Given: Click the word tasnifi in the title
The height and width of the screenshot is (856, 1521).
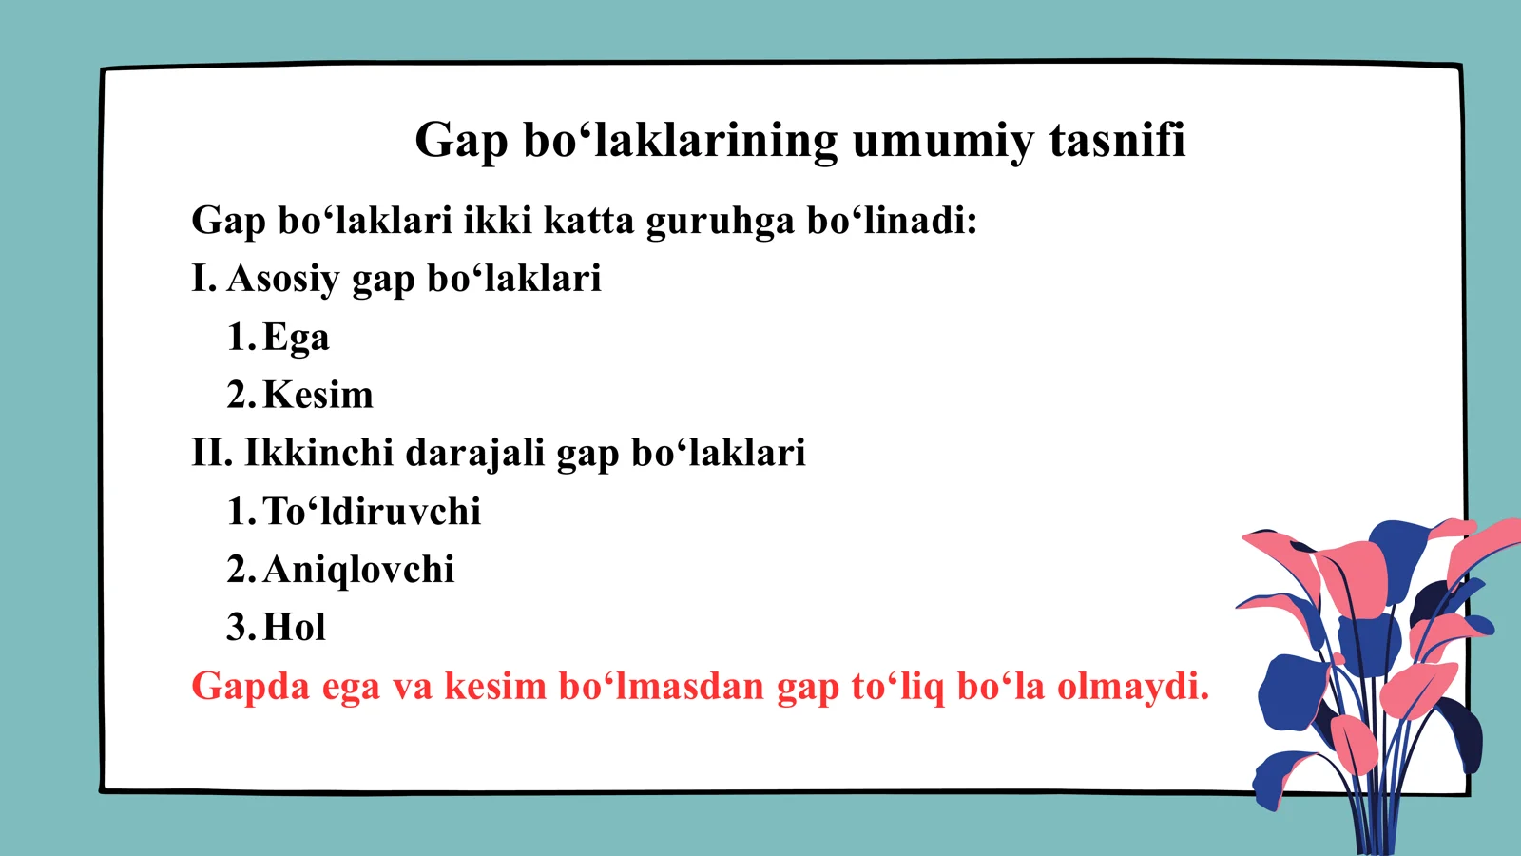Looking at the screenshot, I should point(1117,140).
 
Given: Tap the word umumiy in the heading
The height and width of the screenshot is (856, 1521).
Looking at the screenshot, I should point(941,142).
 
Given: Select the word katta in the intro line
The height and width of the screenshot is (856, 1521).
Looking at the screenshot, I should point(588,221).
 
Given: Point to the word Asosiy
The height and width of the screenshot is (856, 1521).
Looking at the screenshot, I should point(282,280).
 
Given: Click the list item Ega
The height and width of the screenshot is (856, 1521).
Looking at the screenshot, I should point(296,339).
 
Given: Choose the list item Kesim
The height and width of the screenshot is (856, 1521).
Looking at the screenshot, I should point(318,395).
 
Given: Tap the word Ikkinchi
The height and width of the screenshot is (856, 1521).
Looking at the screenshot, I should point(318,453).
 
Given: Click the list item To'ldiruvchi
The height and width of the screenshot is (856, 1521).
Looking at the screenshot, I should point(372,512).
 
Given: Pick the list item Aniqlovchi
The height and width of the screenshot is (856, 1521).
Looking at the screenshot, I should point(358,571).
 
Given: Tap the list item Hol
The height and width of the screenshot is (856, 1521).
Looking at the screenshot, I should point(294,628).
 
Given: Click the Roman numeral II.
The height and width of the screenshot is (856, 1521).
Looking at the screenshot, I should point(211,453).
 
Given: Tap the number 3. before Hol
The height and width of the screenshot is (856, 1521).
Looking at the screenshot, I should point(241,628).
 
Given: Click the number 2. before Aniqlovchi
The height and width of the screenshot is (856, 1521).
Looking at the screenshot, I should point(241,571).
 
